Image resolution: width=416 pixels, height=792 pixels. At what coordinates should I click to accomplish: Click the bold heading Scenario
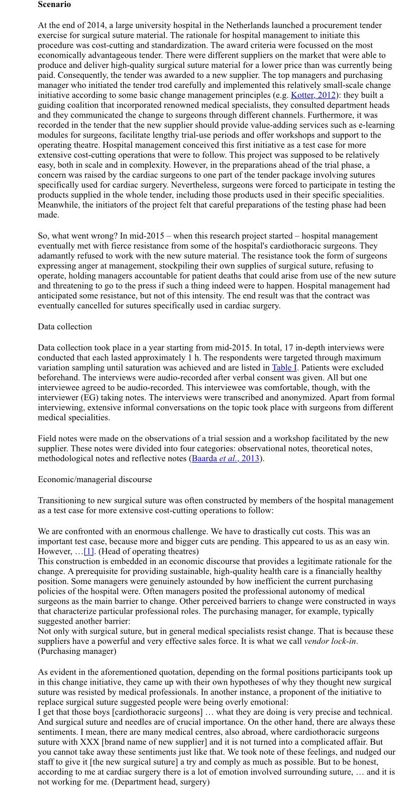tap(54, 5)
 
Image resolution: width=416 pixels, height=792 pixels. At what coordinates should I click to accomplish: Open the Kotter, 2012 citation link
tap(313, 95)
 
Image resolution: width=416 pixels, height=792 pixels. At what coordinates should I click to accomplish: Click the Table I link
tap(285, 368)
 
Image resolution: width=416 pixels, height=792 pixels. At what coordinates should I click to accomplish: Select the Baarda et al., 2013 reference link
tap(226, 459)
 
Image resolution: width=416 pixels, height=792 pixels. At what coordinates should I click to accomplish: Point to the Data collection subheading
tap(65, 327)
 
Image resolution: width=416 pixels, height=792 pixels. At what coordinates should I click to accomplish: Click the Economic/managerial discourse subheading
tap(95, 480)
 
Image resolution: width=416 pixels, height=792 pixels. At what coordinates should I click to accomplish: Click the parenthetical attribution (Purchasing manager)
tap(77, 651)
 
